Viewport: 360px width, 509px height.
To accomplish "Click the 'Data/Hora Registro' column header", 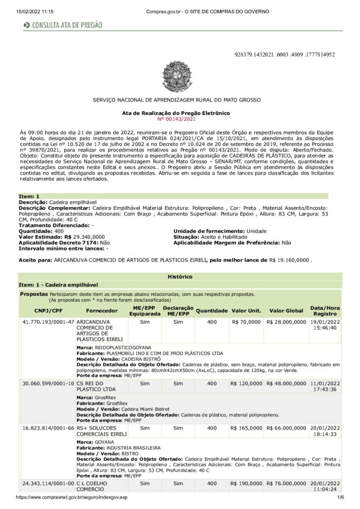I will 325,311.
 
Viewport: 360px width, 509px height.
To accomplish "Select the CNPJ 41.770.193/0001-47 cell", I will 48,322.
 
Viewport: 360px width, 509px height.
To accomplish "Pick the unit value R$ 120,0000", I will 246,384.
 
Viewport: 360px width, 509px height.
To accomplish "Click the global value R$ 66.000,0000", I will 286,427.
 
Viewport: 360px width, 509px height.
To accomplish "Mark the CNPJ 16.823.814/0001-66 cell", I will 48,427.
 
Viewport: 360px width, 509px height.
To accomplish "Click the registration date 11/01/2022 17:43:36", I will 325,387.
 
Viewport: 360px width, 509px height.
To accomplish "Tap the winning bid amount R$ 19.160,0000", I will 290,260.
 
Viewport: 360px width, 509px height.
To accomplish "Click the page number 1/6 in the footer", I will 341,497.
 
